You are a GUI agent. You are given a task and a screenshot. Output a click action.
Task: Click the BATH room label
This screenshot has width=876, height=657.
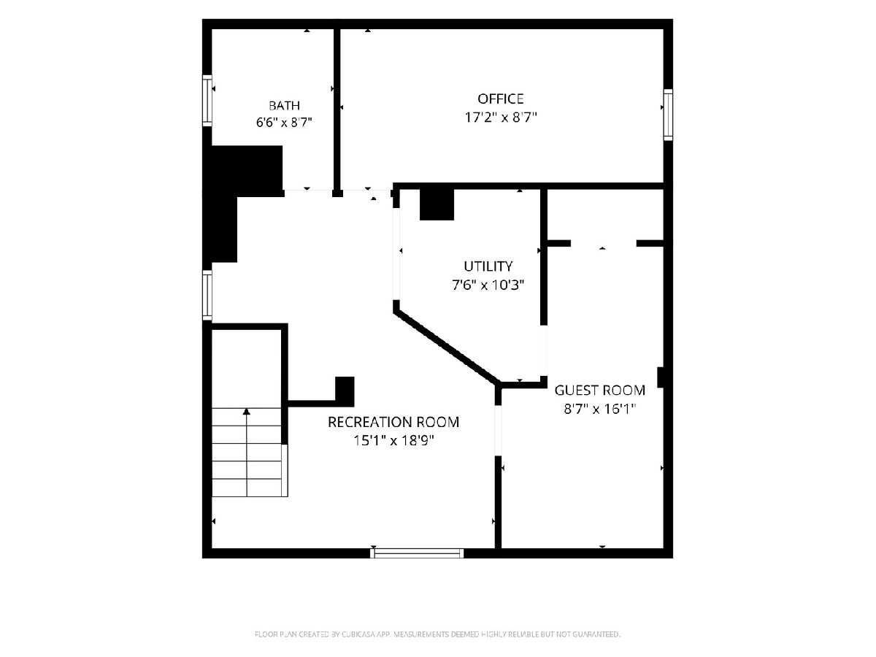[284, 105]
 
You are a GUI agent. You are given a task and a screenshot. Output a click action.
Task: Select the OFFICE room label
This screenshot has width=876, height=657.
[501, 99]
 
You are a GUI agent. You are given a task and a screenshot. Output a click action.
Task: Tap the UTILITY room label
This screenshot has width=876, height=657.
[488, 266]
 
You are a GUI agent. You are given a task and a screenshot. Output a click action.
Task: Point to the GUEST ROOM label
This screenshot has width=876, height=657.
[600, 390]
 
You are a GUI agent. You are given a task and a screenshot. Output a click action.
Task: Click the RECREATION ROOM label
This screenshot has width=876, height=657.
[393, 422]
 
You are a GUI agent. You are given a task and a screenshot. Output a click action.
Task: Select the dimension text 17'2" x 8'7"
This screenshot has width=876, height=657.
[501, 118]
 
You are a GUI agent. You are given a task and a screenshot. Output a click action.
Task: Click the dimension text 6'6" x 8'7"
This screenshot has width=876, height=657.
[284, 122]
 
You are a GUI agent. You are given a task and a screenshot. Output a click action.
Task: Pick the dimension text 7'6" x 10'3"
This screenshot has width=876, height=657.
[488, 285]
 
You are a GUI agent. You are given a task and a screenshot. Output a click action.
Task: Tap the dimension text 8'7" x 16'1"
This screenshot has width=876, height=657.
[599, 410]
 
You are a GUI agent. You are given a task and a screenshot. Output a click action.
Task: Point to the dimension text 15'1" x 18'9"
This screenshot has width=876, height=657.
[393, 441]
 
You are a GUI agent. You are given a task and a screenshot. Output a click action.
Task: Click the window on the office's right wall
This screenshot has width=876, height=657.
[668, 115]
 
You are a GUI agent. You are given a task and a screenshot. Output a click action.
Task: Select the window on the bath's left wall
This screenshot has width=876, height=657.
[207, 101]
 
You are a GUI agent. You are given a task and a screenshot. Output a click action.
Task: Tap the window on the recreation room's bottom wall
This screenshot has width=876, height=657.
[417, 553]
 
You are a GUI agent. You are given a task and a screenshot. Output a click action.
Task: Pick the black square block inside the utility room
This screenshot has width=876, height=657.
[437, 204]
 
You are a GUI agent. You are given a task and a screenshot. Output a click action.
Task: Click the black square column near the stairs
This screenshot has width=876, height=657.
[345, 391]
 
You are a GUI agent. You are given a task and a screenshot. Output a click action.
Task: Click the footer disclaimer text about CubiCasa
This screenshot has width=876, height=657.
[437, 634]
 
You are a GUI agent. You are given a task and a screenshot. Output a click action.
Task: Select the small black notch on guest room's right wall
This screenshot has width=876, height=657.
[661, 377]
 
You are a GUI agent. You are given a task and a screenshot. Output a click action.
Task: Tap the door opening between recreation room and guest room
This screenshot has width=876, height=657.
[498, 431]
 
